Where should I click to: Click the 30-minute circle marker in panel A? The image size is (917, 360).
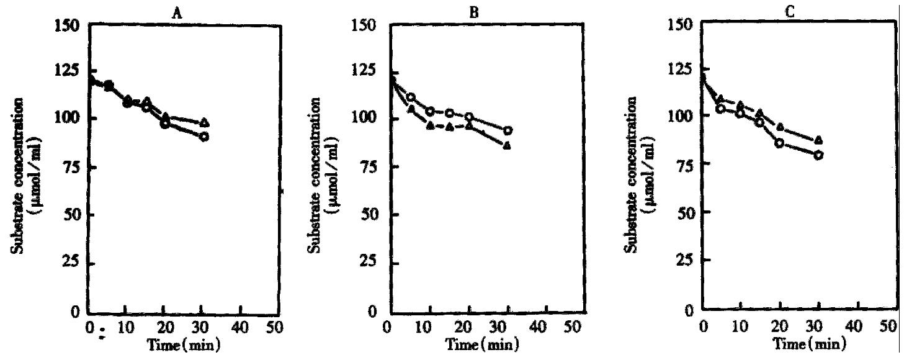[204, 137]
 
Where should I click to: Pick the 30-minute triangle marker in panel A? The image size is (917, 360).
[205, 122]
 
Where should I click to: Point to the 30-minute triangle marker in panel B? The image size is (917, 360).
[508, 146]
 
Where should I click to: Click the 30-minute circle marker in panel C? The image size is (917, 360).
[819, 155]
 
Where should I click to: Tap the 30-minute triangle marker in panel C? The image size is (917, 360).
[819, 140]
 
